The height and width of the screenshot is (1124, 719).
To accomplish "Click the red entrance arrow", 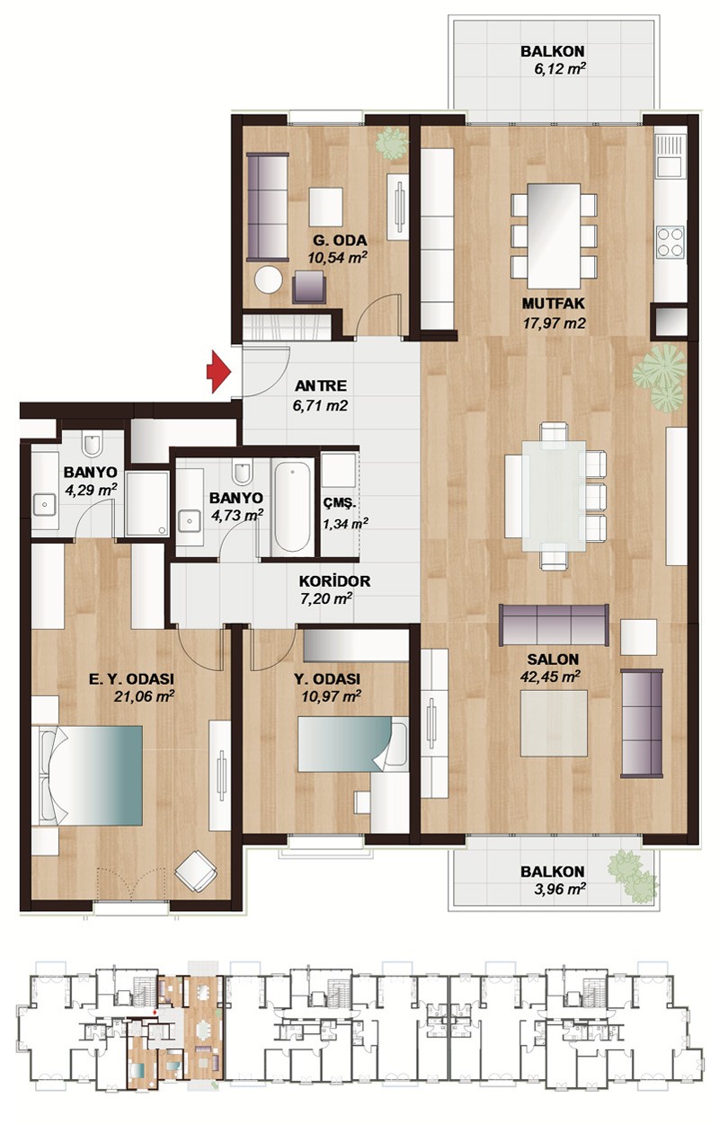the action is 219,371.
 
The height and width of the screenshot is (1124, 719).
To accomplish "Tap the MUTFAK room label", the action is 554,304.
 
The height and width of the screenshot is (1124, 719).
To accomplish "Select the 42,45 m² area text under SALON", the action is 550,677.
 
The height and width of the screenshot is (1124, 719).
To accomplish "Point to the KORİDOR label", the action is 334,581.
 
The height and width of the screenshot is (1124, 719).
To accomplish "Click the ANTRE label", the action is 320,385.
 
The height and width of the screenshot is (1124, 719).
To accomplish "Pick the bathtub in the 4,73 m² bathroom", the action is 292,507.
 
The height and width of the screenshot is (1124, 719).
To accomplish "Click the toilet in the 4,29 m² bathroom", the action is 92,445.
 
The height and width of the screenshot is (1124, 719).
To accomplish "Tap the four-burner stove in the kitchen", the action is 670,242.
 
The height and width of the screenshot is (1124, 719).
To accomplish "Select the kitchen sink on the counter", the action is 670,155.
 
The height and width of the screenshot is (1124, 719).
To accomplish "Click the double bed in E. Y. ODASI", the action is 87,774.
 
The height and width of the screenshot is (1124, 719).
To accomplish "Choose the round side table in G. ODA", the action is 268,279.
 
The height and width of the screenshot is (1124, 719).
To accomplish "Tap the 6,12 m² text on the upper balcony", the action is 560,69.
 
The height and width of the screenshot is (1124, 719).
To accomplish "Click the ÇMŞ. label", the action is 340,503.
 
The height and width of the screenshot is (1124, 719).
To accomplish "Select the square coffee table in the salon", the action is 554,723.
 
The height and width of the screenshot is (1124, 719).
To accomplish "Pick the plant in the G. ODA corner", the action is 392,144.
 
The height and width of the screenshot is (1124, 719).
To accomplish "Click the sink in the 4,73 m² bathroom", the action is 190,520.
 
